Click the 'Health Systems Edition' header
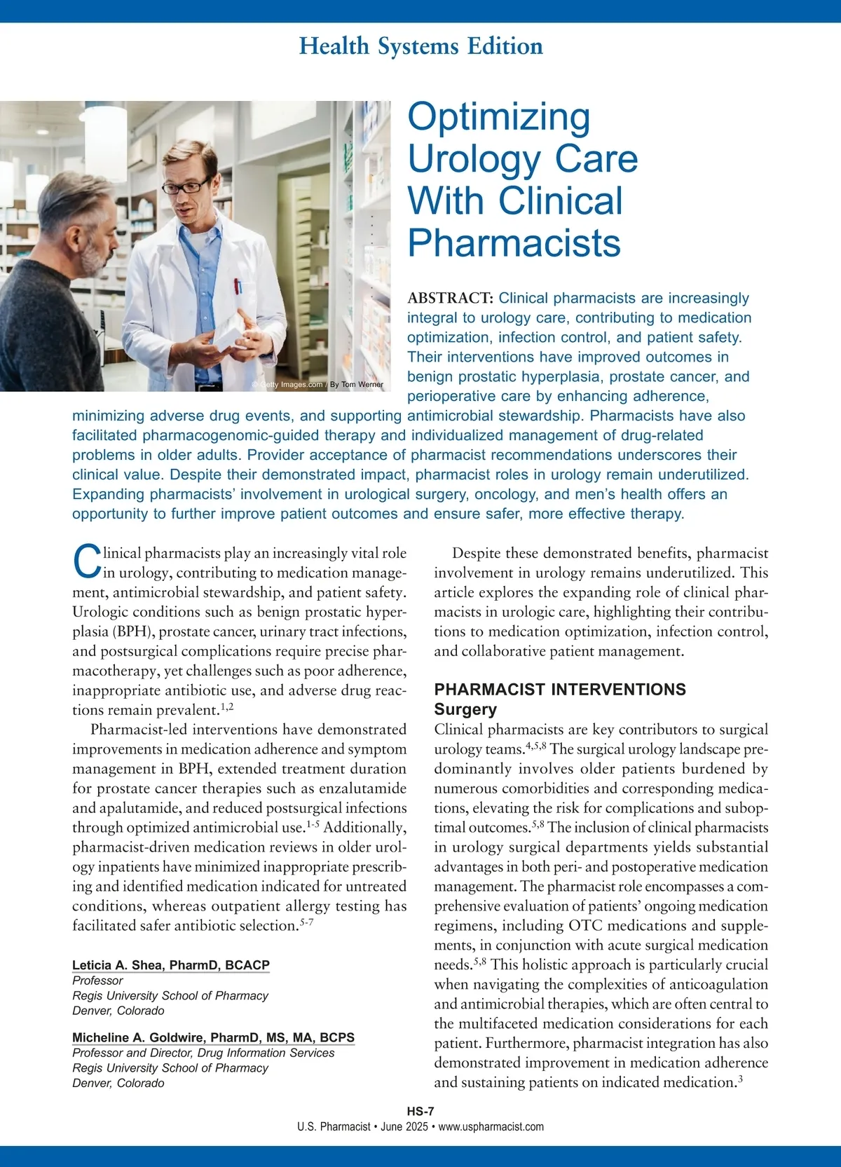coord(420,46)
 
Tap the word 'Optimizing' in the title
coord(498,117)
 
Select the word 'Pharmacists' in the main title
coord(514,243)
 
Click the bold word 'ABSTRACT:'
coord(450,298)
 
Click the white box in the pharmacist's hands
coord(229,333)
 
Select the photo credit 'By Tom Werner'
coord(357,384)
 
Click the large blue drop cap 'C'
coord(87,562)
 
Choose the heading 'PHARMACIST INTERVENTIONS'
coord(560,690)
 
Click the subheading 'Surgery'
coord(465,709)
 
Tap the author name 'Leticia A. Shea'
coord(117,965)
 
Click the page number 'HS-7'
coord(420,1111)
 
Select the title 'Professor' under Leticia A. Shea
coord(97,981)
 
